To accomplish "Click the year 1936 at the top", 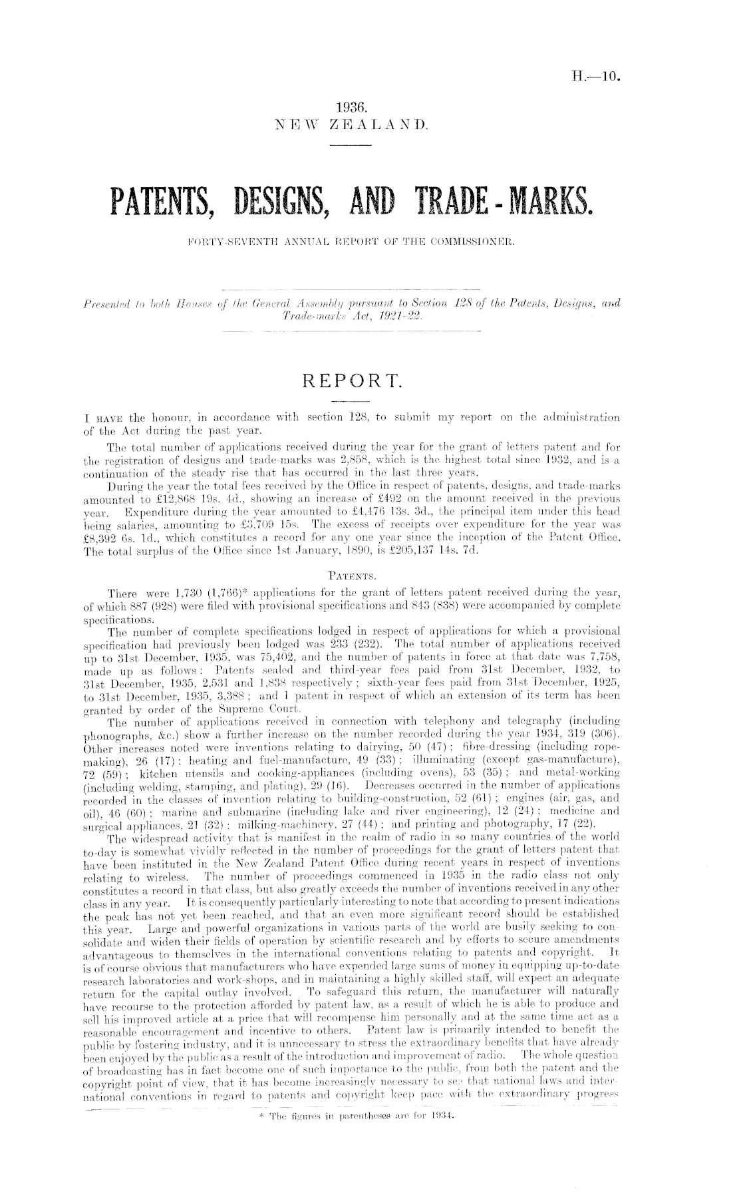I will (x=351, y=107).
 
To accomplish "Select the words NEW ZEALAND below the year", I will (x=351, y=124).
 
